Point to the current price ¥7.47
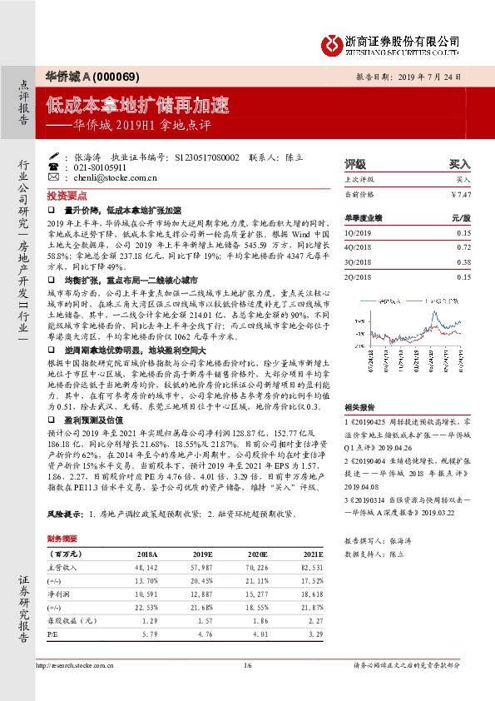point(460,193)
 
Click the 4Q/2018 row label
point(359,248)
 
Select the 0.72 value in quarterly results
point(464,248)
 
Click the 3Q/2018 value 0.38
point(464,262)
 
